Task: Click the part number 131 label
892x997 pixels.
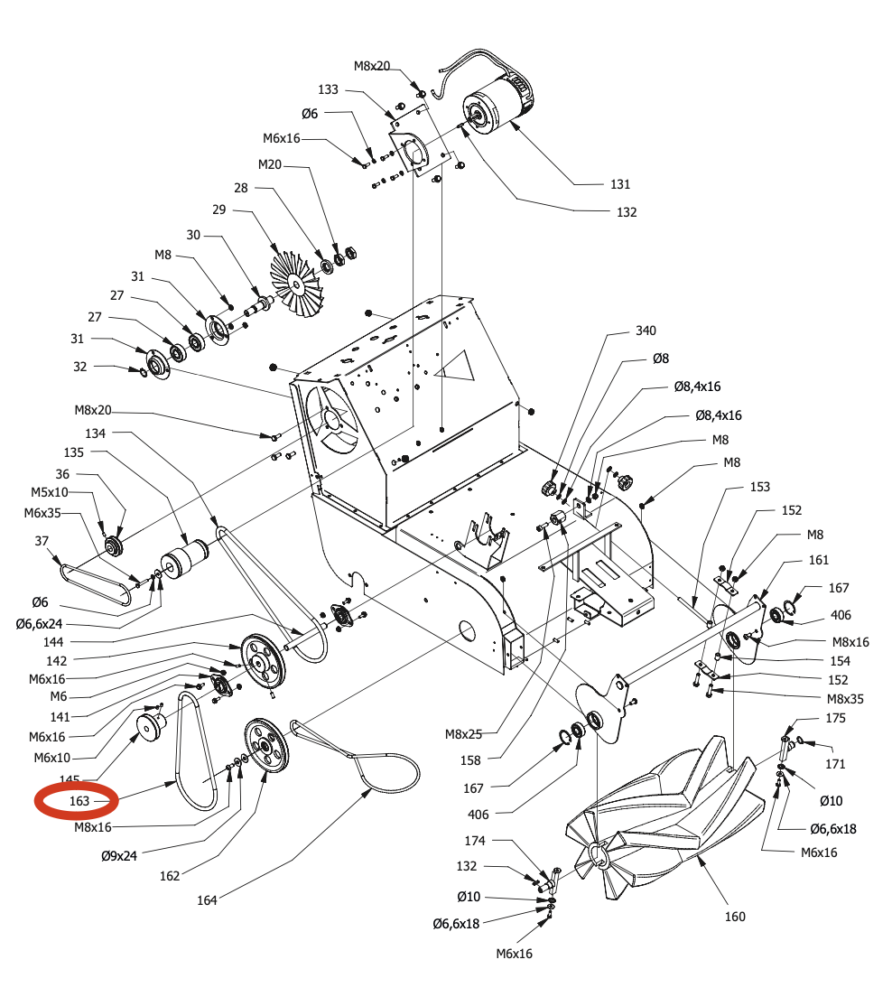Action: tap(619, 184)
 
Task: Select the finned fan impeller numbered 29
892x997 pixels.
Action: tap(295, 270)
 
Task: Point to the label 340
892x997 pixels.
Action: tap(646, 331)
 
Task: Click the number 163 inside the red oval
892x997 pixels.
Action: tap(79, 801)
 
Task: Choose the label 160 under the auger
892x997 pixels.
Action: tap(735, 917)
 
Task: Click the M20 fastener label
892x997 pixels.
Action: tap(270, 164)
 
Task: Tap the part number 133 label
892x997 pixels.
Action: tap(329, 89)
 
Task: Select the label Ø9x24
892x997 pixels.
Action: tap(119, 854)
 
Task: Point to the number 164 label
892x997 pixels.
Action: tap(208, 899)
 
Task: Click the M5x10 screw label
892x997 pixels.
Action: tap(50, 492)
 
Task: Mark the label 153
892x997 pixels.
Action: tap(760, 487)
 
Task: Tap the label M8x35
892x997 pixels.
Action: tap(845, 698)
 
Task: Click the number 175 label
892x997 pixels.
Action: tap(836, 718)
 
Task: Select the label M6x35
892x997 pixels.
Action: tap(42, 512)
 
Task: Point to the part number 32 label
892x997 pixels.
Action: tap(80, 367)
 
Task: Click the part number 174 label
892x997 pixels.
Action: tap(475, 841)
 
